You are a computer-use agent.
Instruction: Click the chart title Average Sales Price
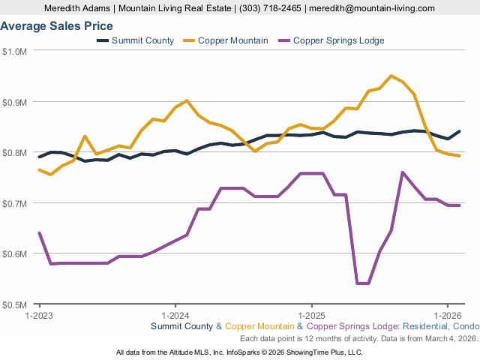click(x=57, y=26)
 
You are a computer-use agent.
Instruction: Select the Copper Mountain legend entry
click(x=232, y=40)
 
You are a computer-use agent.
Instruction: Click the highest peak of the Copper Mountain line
click(x=391, y=76)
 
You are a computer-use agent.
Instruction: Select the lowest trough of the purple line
click(x=362, y=283)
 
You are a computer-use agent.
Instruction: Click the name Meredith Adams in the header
click(x=76, y=8)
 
